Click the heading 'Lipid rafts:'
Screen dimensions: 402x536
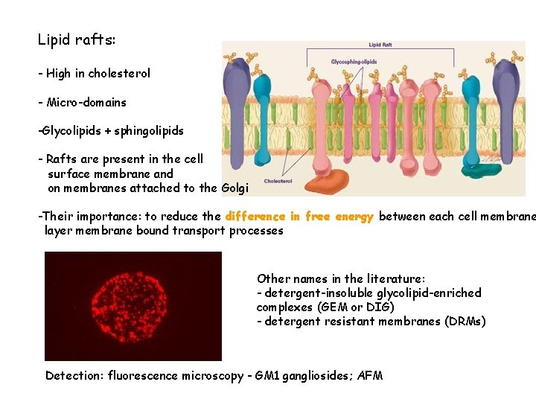point(77,39)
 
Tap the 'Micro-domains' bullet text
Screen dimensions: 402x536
point(86,102)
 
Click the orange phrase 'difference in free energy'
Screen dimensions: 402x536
point(299,216)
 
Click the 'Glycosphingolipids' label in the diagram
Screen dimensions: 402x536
point(354,62)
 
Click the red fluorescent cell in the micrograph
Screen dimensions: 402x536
point(129,305)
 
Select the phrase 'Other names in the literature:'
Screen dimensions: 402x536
point(341,278)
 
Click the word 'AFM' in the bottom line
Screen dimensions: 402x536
point(370,375)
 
